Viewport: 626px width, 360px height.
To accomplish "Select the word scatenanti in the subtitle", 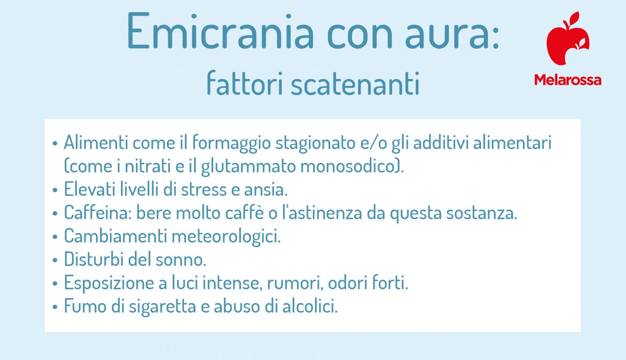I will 355,84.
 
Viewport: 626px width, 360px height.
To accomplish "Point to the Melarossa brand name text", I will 567,80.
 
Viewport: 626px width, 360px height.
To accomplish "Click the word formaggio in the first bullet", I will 231,143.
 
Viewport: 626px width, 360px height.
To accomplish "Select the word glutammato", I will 248,167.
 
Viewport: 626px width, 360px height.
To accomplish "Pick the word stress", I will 203,189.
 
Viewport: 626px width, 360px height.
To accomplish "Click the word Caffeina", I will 97,213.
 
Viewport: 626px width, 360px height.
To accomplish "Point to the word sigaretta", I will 162,306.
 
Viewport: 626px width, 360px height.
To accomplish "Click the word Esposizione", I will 109,283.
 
